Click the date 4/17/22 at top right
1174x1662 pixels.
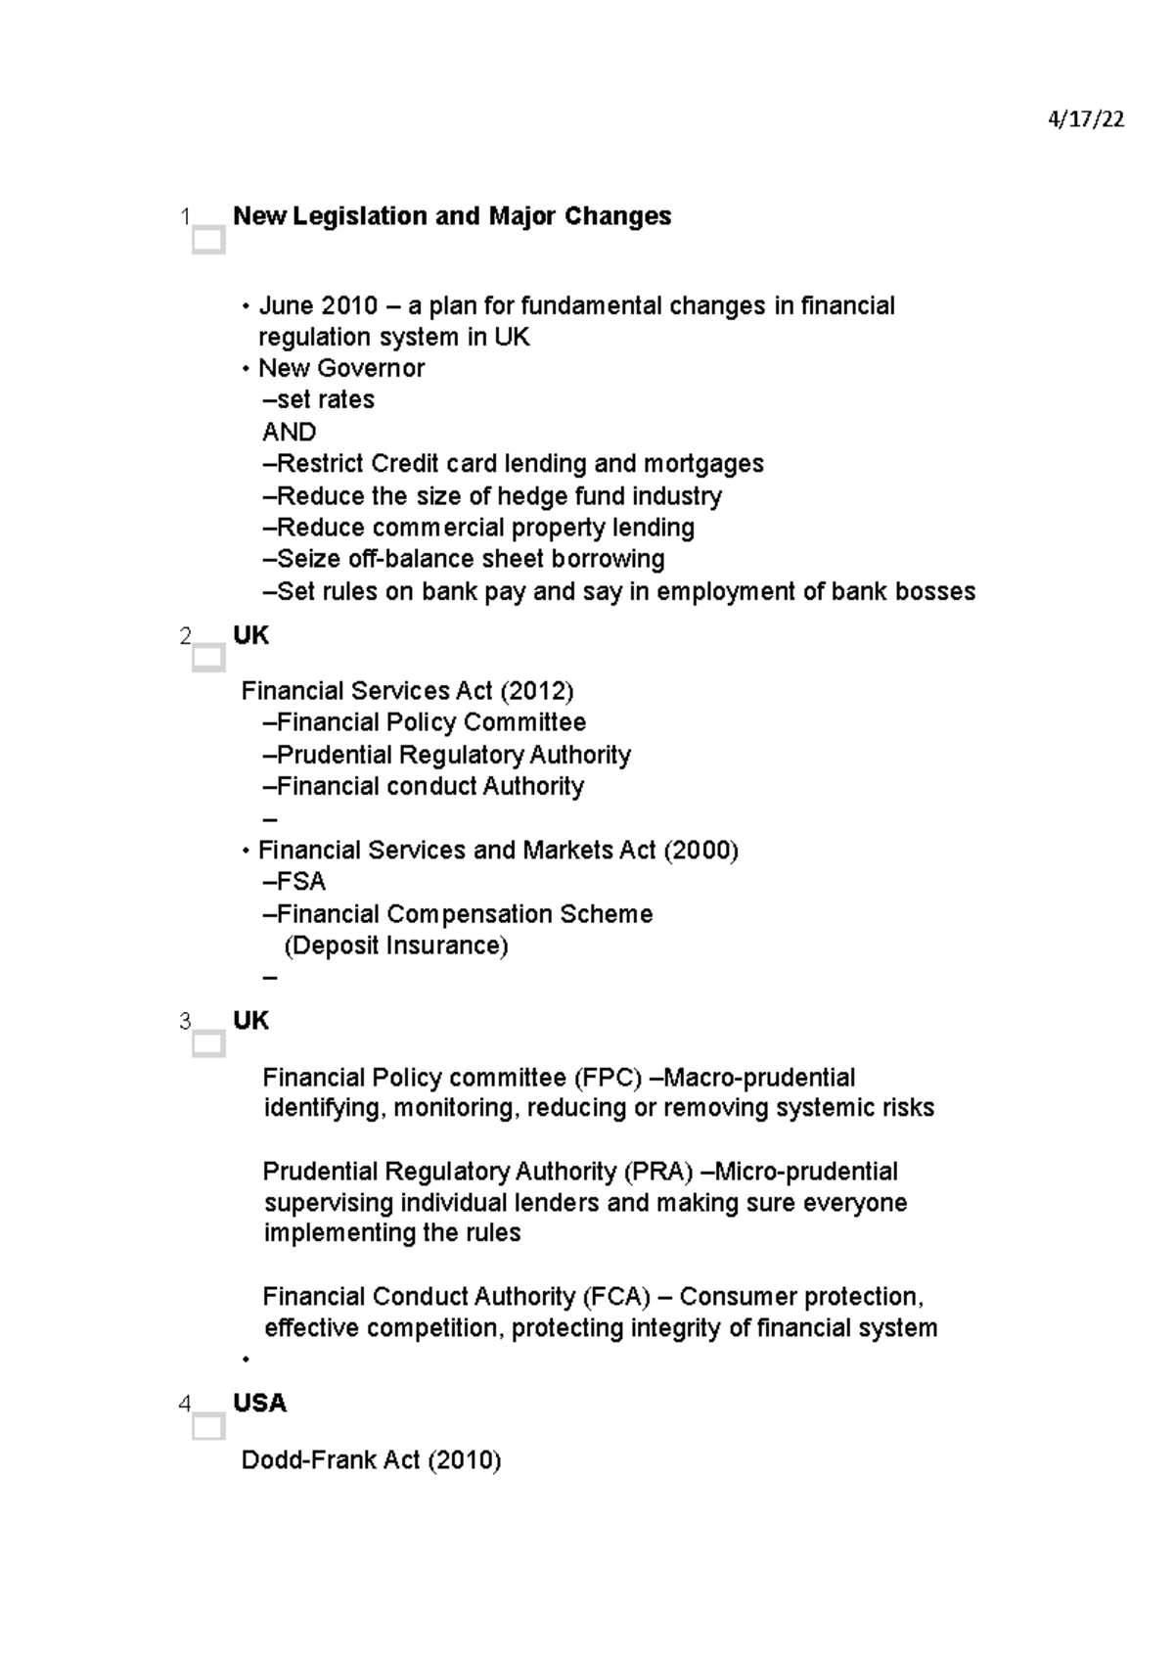point(1085,120)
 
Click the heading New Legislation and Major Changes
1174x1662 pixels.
point(452,216)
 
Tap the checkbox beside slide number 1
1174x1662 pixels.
point(208,240)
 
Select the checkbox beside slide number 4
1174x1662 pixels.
point(208,1427)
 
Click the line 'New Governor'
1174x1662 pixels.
point(340,369)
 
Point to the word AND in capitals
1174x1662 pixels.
point(289,432)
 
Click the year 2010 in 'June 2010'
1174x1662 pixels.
point(350,306)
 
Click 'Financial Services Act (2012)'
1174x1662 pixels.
point(407,691)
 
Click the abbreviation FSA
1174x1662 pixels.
point(300,882)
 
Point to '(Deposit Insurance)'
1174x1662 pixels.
point(395,946)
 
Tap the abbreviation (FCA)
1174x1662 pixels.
point(616,1297)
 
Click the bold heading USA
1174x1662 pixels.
point(259,1404)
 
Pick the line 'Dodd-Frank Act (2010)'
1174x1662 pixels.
point(371,1460)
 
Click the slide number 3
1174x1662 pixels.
point(185,1022)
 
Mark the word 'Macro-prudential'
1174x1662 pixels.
point(759,1078)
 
